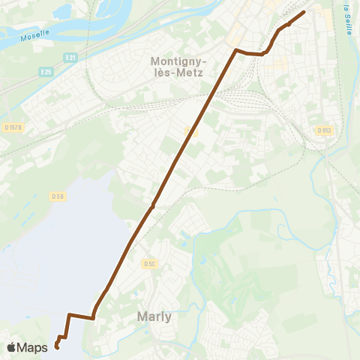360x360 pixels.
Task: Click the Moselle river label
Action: tap(34, 34)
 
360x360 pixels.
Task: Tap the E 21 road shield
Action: tap(70, 57)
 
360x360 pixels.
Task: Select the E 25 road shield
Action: tap(46, 72)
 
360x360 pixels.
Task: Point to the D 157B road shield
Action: tap(13, 127)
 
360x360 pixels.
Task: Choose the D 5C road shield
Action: tap(148, 263)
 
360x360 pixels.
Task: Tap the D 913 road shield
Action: tap(323, 130)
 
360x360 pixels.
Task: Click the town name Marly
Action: tap(154, 316)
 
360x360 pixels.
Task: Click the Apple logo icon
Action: tap(11, 347)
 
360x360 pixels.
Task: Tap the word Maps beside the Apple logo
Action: tap(32, 347)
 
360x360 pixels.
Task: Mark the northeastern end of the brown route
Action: tap(304, 11)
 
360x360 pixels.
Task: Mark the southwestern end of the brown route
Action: tap(56, 347)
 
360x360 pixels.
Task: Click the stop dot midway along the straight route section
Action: tap(152, 205)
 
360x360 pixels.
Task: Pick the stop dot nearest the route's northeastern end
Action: tap(289, 24)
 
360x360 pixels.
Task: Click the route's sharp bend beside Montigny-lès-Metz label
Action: tap(236, 50)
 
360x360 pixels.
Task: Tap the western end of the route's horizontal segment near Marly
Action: tap(69, 315)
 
